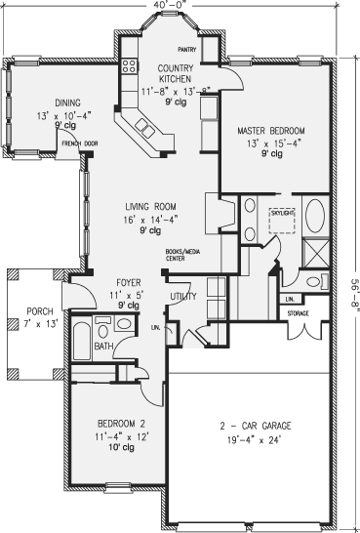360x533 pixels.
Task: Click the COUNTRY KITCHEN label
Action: point(172,74)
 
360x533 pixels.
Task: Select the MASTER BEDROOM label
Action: point(270,130)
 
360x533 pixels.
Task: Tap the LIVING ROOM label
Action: point(149,207)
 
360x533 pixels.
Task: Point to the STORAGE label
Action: point(298,314)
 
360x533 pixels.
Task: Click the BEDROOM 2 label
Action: point(121,424)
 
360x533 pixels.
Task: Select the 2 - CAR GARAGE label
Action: point(257,427)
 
